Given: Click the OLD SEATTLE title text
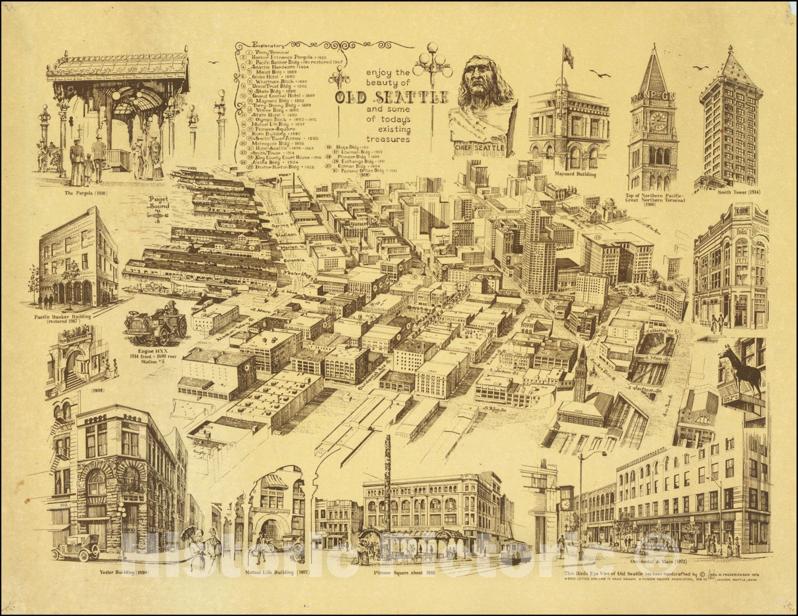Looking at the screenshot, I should click(392, 97).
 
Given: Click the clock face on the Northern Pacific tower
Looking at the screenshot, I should click(658, 121).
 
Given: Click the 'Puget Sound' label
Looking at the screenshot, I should click(159, 202).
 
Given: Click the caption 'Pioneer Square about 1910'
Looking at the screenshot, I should click(404, 573).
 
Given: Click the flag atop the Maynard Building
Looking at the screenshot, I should click(568, 56).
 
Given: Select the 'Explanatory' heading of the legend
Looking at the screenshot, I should click(269, 45).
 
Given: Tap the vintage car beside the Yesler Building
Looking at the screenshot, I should click(75, 548).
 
